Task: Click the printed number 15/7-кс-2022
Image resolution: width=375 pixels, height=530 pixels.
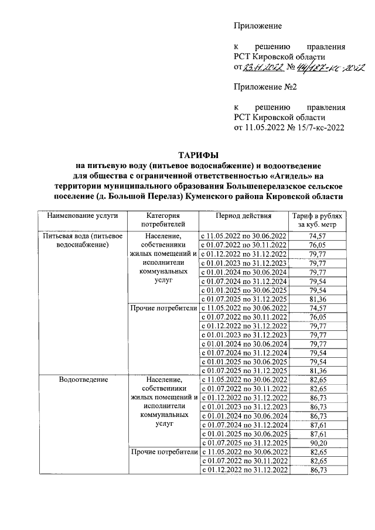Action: pyautogui.click(x=314, y=126)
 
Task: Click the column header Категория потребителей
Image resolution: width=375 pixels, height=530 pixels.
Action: pyautogui.click(x=163, y=220)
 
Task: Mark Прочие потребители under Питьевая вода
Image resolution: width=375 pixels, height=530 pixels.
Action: pyautogui.click(x=163, y=307)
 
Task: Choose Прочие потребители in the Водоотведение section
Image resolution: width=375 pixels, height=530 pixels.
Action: pyautogui.click(x=163, y=452)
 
